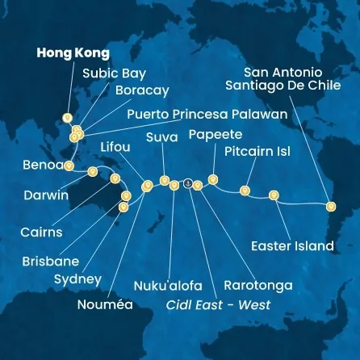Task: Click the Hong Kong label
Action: pos(73,53)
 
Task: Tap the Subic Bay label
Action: pos(115,73)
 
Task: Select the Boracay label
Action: pos(142,90)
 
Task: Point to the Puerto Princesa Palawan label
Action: pos(207,115)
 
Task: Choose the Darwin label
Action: pos(46,195)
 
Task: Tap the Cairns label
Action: pos(41,232)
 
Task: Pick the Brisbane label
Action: pos(50,261)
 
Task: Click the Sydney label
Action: pos(77,279)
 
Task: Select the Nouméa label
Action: pos(105,306)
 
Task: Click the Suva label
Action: pos(161,137)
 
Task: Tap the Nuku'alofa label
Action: pos(169,286)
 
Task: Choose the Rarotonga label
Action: pos(257,286)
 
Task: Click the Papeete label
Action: pos(215,135)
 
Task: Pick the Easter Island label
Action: pos(292,245)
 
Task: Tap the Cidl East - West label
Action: pos(217,305)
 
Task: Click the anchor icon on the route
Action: pos(187,183)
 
